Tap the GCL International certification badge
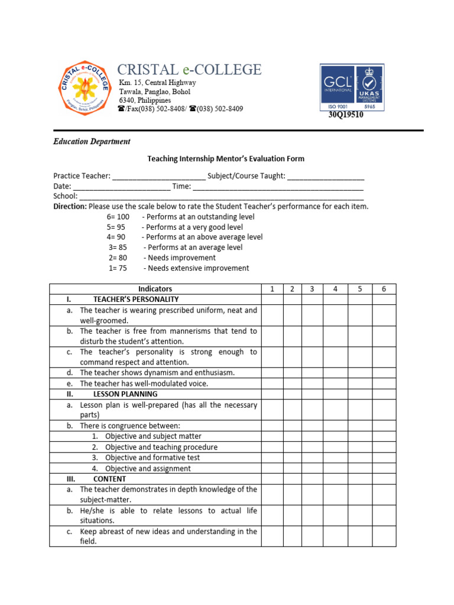point(352,87)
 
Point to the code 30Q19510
point(346,115)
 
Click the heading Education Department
point(92,142)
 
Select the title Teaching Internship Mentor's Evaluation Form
point(225,159)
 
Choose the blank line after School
point(221,196)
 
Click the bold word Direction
point(70,207)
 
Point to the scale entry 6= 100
point(118,217)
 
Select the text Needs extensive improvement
point(198,268)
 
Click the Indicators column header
point(155,289)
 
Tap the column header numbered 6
point(384,289)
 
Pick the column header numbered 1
point(272,289)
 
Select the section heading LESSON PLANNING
point(125,394)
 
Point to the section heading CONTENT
point(109,479)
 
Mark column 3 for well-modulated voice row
point(312,383)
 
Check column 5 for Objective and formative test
point(359,458)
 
